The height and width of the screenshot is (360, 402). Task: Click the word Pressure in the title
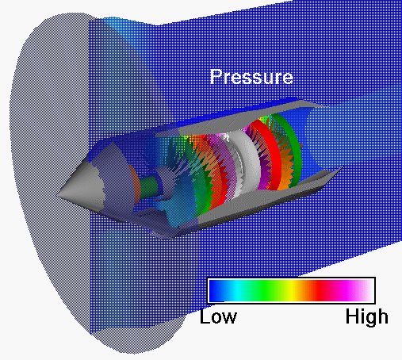point(251,77)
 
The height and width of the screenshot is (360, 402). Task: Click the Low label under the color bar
point(218,317)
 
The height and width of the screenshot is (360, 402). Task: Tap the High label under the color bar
point(367,317)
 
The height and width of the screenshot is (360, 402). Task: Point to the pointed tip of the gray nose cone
point(60,191)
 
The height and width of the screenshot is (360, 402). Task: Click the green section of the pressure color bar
point(270,290)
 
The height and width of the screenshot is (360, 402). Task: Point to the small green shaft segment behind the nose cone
point(146,190)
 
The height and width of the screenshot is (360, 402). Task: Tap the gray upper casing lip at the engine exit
point(317,105)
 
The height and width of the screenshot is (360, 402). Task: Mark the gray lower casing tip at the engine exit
point(337,170)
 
